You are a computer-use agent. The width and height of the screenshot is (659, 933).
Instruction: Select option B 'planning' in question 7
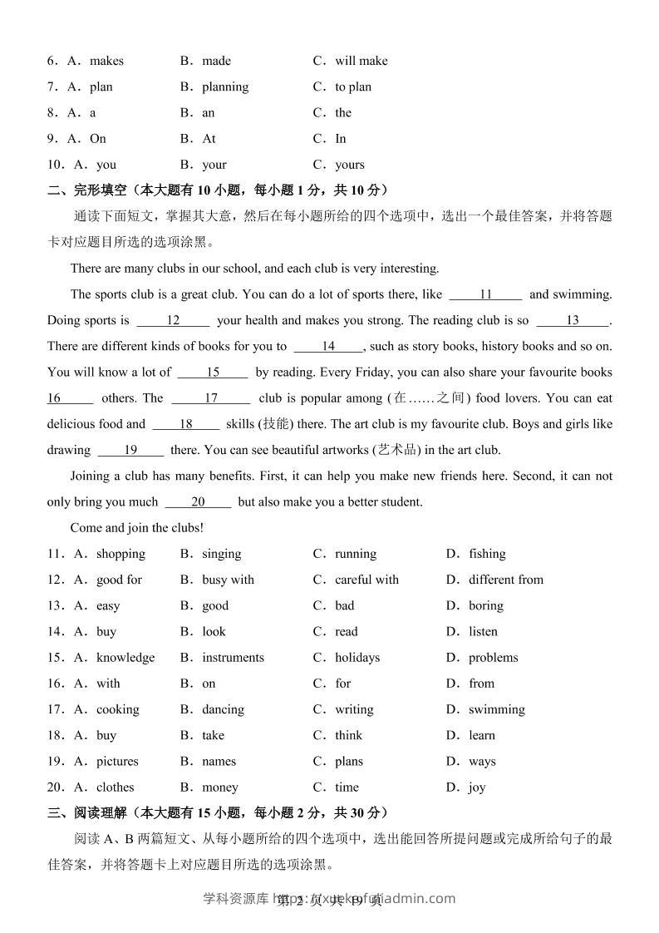point(224,86)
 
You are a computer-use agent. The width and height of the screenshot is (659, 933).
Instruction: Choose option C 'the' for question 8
point(343,112)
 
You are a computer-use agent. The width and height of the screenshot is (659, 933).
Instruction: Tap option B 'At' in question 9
point(209,138)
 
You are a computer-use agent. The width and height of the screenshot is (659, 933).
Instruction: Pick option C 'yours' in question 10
point(349,165)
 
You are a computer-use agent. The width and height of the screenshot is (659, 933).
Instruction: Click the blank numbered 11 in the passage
point(486,294)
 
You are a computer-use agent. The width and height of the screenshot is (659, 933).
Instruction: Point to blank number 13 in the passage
point(573,320)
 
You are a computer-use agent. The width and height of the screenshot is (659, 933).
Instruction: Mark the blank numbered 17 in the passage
point(211,398)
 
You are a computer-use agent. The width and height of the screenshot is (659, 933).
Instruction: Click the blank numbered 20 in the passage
point(198,502)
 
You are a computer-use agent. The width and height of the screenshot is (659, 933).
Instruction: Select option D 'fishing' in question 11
point(486,554)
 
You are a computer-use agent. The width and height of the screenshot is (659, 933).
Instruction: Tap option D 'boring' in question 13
point(485,605)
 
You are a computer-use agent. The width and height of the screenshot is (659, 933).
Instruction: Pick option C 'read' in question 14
point(346,632)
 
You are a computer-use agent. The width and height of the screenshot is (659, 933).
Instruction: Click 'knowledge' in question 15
point(125,658)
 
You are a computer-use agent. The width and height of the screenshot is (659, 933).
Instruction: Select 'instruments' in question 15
point(233,658)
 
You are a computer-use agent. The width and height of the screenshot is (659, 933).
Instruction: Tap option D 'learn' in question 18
point(481,735)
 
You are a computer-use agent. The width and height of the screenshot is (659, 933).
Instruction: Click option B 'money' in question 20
point(219,787)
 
